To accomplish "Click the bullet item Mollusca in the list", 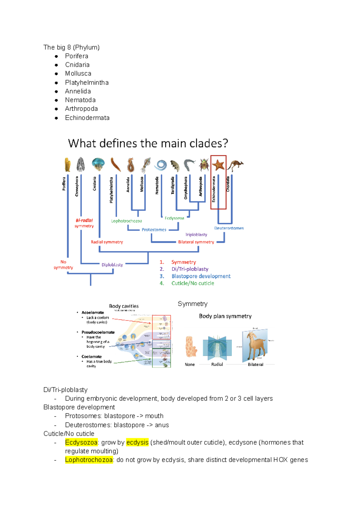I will point(78,73).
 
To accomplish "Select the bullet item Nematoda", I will point(80,100).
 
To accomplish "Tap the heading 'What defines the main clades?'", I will point(148,143).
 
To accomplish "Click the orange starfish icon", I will point(218,165).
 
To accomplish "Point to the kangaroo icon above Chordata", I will point(235,165).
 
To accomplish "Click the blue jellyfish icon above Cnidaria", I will point(98,164).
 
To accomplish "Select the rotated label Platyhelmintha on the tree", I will point(111,190).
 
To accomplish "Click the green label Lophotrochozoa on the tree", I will point(126,221).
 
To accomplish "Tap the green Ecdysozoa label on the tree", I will point(174,218).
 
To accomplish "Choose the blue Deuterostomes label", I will point(229,228).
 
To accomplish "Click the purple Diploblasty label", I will point(112,265).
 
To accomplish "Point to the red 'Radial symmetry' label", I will point(107,242).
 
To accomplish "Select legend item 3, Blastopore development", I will point(201,276).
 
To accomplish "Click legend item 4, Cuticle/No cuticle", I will point(193,283).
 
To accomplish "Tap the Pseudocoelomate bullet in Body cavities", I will point(98,332).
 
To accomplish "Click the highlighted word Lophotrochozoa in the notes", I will point(89,460).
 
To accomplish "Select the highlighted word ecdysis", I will point(137,442).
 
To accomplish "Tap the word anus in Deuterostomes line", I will point(162,425).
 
